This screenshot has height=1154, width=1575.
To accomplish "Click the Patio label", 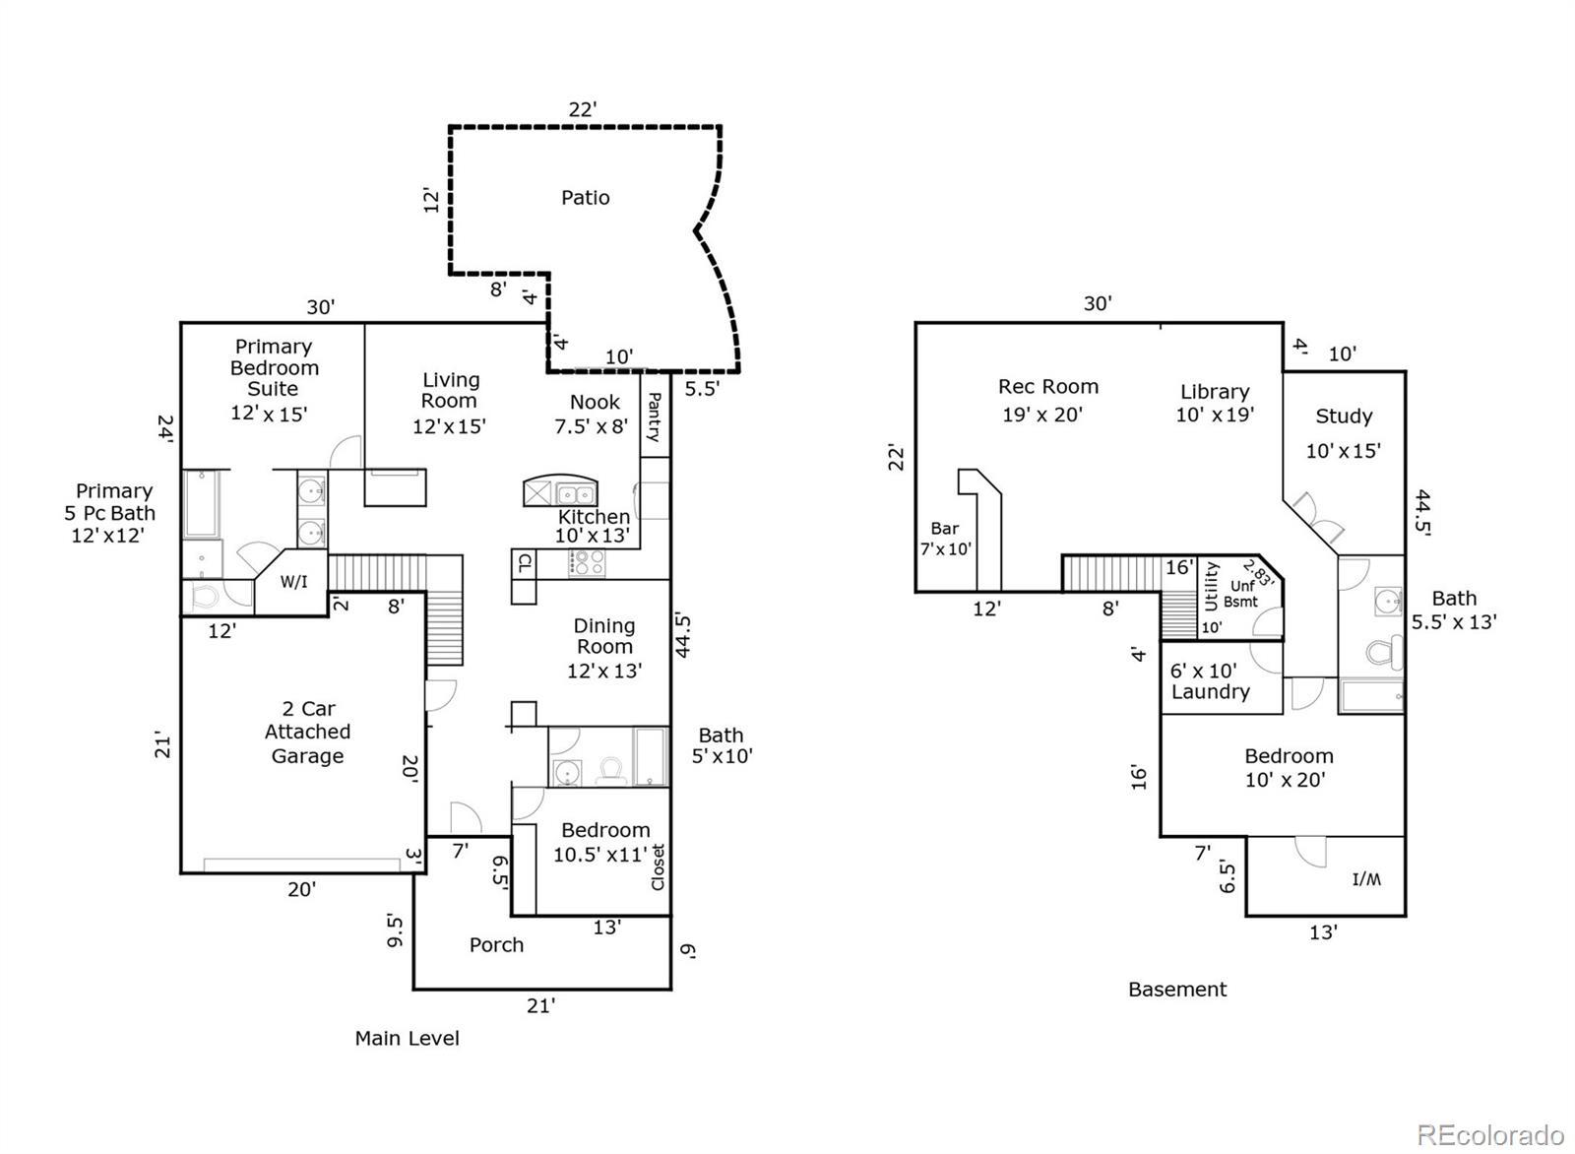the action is pyautogui.click(x=585, y=198).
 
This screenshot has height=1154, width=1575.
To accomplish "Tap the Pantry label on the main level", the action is pyautogui.click(x=654, y=417).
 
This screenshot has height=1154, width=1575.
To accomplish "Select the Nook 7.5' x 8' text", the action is pyautogui.click(x=592, y=415).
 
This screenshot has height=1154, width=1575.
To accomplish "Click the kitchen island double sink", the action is pyautogui.click(x=577, y=493).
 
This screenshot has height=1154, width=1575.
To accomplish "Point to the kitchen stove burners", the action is pyautogui.click(x=587, y=562).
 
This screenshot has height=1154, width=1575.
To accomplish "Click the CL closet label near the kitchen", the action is pyautogui.click(x=525, y=562).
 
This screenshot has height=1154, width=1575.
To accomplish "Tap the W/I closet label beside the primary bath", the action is pyautogui.click(x=294, y=582).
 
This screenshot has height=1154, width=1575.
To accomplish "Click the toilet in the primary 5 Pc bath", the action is pyautogui.click(x=204, y=598).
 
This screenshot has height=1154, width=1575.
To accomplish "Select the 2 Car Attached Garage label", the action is pyautogui.click(x=307, y=732).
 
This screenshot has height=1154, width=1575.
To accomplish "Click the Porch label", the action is pyautogui.click(x=496, y=944).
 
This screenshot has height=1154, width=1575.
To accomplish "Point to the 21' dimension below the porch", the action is pyautogui.click(x=540, y=1005).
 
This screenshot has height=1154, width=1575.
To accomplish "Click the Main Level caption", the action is pyautogui.click(x=408, y=1038).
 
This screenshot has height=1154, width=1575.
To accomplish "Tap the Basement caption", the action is pyautogui.click(x=1177, y=990).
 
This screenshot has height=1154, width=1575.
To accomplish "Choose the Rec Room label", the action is pyautogui.click(x=1048, y=386).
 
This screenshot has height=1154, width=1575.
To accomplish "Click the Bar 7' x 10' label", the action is pyautogui.click(x=946, y=538).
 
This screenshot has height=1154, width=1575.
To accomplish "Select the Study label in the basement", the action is pyautogui.click(x=1344, y=416).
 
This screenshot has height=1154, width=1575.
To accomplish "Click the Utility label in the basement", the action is pyautogui.click(x=1211, y=586).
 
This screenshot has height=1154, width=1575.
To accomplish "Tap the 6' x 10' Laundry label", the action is pyautogui.click(x=1210, y=681).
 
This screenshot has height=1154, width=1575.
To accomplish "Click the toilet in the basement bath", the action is pyautogui.click(x=1384, y=652).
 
